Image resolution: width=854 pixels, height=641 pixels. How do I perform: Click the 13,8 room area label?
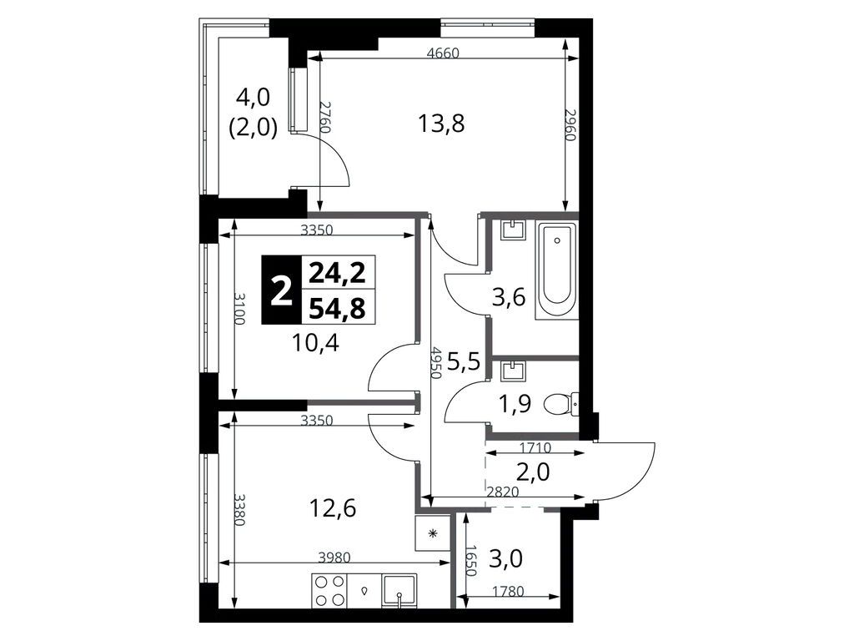[441, 124]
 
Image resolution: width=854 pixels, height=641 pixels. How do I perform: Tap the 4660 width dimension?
[444, 53]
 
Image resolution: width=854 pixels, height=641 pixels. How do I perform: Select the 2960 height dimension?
[570, 125]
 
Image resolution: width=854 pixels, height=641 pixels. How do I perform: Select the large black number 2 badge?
[281, 290]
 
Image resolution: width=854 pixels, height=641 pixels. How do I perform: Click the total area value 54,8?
[338, 309]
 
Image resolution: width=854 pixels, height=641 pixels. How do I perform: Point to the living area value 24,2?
[338, 273]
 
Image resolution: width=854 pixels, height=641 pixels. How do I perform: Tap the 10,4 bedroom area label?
[315, 343]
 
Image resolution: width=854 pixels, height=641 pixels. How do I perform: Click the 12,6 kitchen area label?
[332, 509]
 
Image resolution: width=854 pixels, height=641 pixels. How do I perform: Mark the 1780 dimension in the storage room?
[508, 591]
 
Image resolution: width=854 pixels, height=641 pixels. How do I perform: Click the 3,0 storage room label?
[505, 558]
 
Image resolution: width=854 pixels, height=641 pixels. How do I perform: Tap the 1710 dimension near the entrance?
[535, 448]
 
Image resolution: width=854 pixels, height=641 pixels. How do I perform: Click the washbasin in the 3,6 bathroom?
[514, 230]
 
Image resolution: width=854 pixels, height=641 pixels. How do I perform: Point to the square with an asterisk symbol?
[433, 532]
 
